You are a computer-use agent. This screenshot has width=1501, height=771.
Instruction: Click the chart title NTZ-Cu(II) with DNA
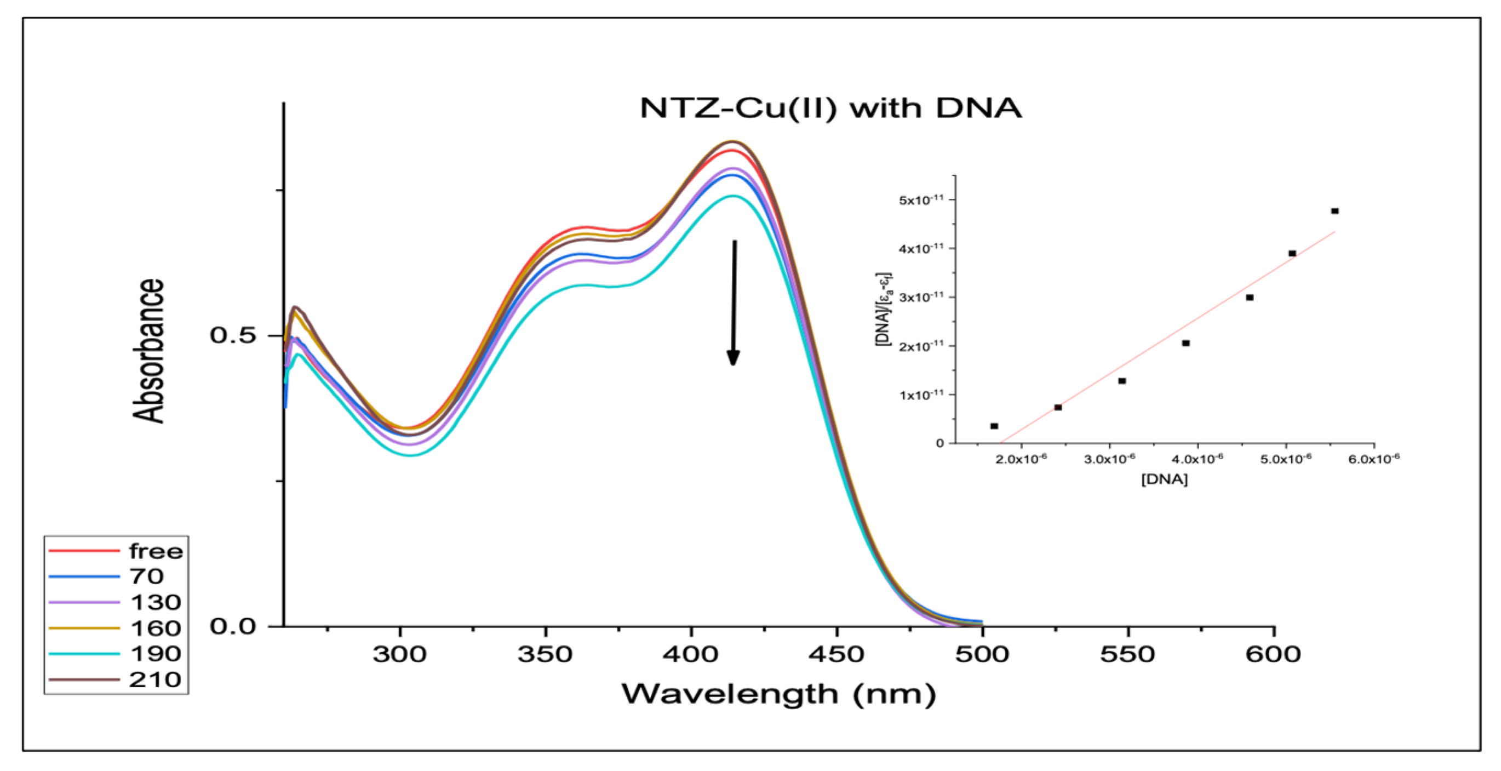[830, 108]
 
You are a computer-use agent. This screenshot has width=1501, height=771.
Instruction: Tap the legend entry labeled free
[156, 551]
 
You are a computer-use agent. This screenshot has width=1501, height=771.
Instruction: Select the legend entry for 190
[155, 654]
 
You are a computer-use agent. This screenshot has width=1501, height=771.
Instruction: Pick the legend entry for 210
[155, 679]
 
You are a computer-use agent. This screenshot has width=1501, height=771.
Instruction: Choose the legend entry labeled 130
[155, 602]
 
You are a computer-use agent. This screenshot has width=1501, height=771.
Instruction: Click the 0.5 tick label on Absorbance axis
[233, 336]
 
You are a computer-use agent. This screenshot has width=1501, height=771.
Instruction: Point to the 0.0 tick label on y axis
[233, 626]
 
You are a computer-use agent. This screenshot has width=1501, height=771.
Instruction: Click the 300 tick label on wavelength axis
[400, 654]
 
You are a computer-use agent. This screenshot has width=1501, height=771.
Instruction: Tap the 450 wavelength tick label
[837, 654]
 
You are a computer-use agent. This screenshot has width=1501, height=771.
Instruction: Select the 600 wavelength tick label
[1273, 654]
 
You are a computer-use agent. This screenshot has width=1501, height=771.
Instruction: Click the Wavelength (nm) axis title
[778, 694]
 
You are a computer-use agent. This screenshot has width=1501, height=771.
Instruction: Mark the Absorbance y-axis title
[148, 350]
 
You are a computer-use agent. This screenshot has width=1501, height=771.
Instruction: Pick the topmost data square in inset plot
[1335, 211]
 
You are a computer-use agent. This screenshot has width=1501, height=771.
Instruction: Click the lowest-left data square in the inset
[994, 426]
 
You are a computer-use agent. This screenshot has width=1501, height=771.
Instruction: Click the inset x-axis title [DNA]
[1164, 479]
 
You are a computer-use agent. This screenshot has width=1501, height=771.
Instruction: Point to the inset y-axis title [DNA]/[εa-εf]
[884, 309]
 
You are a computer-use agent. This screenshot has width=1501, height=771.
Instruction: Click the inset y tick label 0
[939, 443]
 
